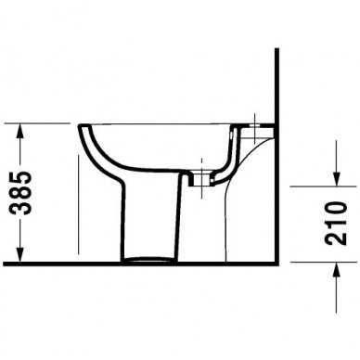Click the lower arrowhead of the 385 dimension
(x=18, y=256)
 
